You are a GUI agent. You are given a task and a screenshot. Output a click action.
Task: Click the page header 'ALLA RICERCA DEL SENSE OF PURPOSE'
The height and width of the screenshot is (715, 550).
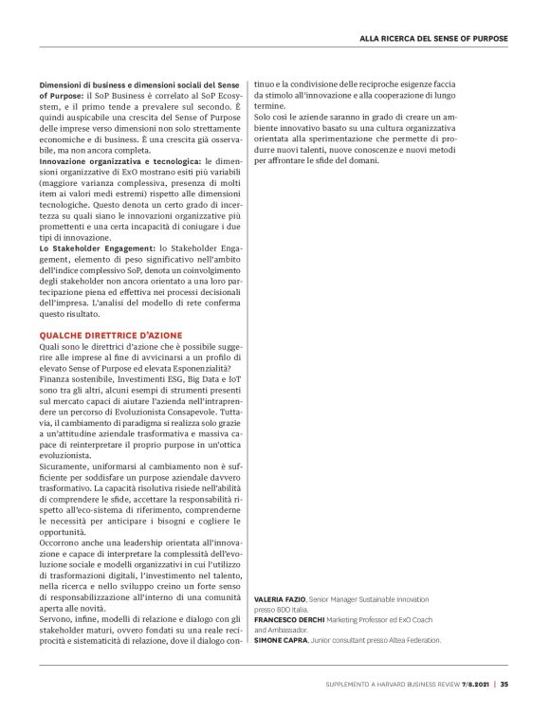click(x=433, y=38)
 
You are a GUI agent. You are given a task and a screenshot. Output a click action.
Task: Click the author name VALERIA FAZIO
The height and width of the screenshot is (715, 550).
click(x=279, y=600)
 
